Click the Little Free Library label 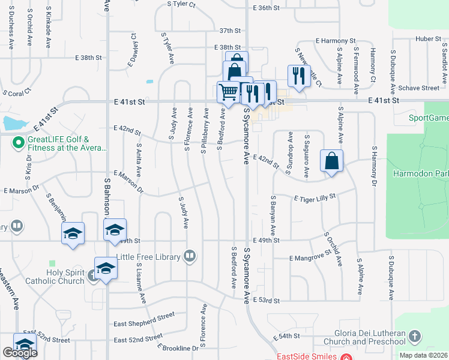(151, 257)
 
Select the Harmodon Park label (420, 175)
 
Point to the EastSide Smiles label (307, 356)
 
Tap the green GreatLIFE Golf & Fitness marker (17, 143)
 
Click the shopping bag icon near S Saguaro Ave (331, 161)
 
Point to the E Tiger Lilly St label (315, 197)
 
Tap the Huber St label (427, 40)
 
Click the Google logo (20, 352)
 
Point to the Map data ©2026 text (424, 355)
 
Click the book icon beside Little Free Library (190, 256)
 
